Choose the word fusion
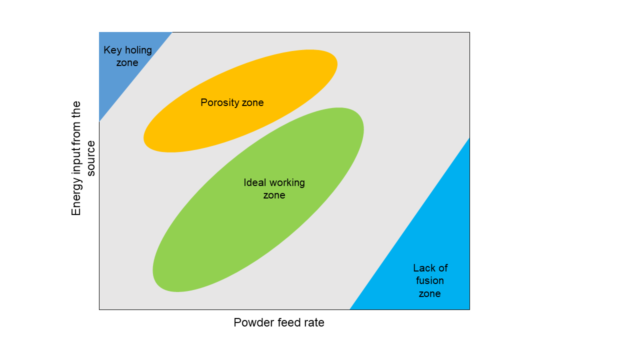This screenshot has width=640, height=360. coord(429,280)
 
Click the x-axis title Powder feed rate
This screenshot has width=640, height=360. coord(279,323)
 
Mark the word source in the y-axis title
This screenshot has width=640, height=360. coord(90,158)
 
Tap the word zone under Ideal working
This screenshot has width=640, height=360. coord(274,195)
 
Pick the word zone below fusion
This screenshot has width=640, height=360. coord(429,293)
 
